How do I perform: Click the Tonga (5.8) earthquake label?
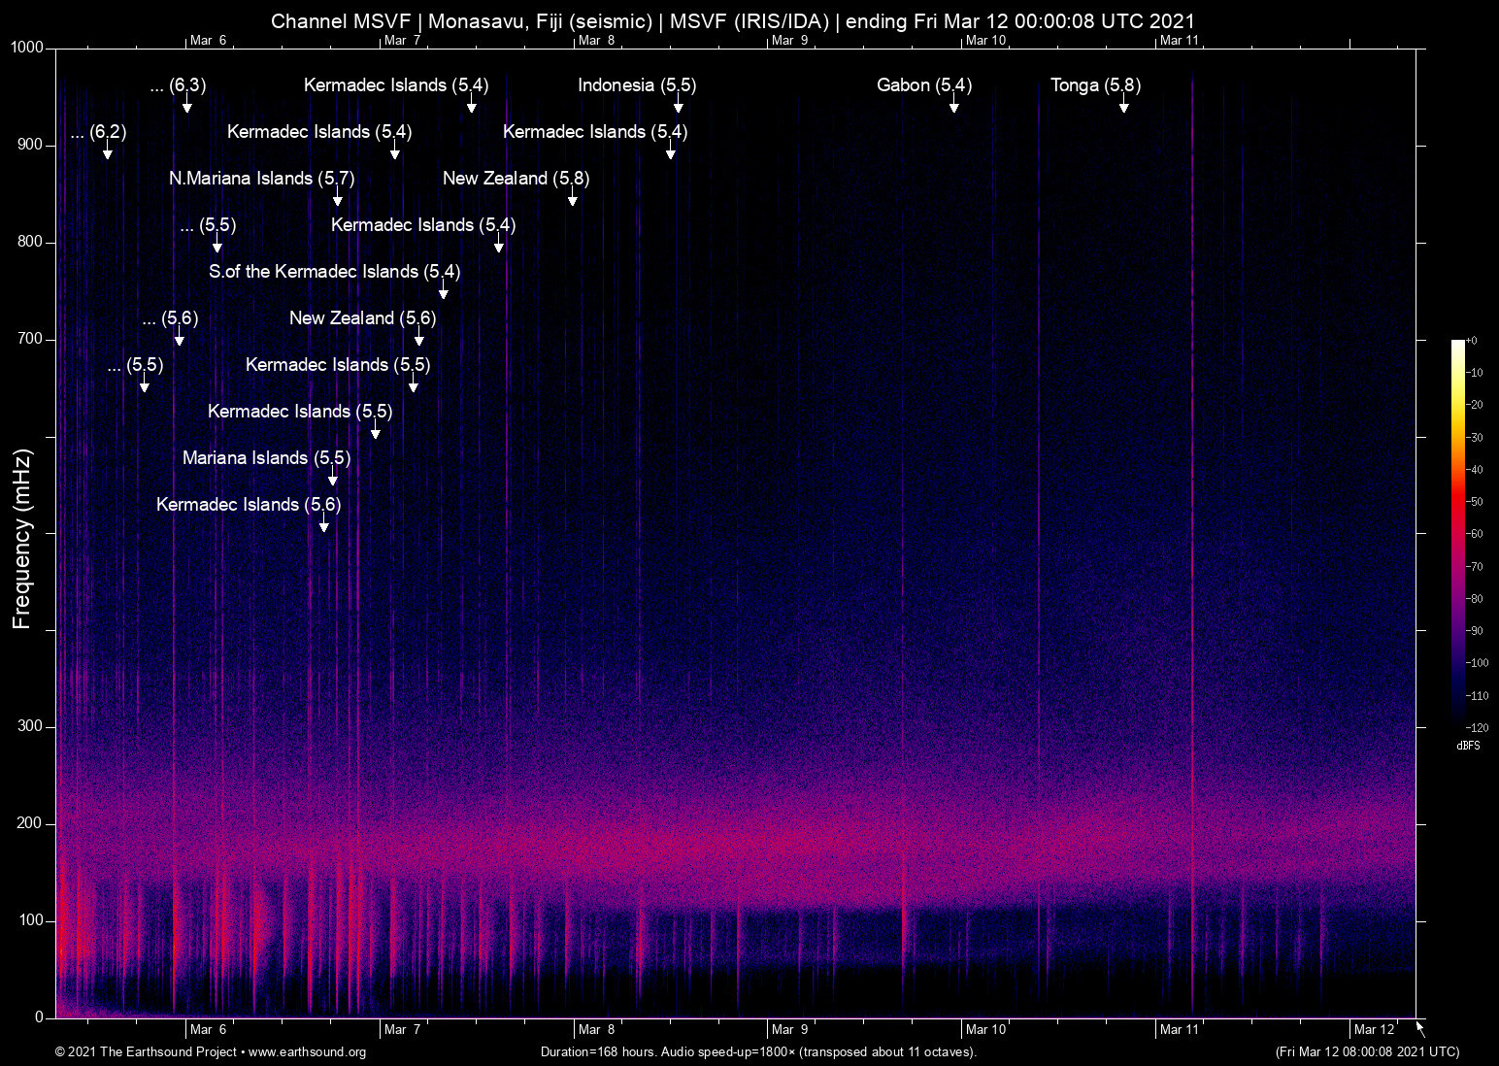tap(1095, 85)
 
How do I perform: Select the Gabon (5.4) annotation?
tap(923, 85)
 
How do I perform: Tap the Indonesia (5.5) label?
tap(637, 85)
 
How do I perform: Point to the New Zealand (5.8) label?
tap(516, 179)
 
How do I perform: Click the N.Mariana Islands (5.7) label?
tap(261, 179)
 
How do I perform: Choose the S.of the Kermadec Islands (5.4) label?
tap(334, 272)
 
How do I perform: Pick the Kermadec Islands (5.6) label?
tap(249, 505)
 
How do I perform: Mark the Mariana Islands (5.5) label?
tap(266, 458)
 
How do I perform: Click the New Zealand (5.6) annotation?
tap(362, 318)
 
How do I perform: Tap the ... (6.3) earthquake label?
tap(178, 85)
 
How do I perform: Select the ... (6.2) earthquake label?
tap(98, 132)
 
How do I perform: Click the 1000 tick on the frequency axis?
tap(27, 48)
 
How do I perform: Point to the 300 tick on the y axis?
tap(30, 726)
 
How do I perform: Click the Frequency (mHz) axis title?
tap(22, 539)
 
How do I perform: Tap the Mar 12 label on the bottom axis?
tap(1375, 1029)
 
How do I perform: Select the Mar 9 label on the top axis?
tap(789, 40)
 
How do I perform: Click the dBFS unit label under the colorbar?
tap(1468, 746)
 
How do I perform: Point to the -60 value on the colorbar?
tap(1475, 534)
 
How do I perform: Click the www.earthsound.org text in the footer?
tap(307, 1052)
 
